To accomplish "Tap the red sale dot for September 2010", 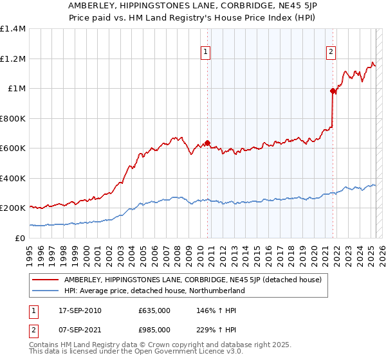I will tap(207, 143).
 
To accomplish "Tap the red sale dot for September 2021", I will tap(333, 91).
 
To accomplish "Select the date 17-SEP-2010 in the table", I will tap(80, 310).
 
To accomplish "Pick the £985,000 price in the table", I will tap(154, 330).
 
